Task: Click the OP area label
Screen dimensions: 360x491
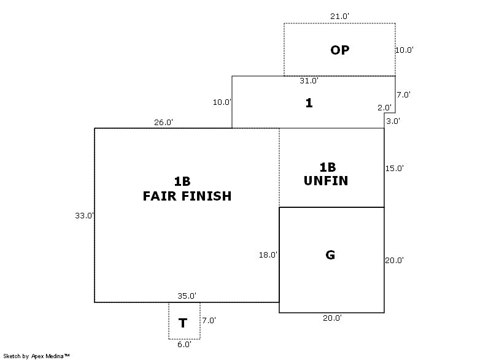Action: [339, 50]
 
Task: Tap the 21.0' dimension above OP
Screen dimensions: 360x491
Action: [339, 16]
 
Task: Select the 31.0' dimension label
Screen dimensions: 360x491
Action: [309, 81]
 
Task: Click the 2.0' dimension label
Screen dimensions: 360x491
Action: [384, 107]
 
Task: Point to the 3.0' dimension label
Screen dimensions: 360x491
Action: [393, 121]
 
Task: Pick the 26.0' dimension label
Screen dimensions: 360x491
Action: [163, 122]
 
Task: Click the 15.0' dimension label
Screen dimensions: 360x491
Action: [394, 168]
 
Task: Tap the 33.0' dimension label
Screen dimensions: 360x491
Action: [84, 215]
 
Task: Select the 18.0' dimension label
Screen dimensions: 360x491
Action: [268, 255]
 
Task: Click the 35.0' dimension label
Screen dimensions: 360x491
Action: [187, 296]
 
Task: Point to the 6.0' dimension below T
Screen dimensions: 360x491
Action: [184, 345]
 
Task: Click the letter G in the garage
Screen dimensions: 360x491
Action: [330, 255]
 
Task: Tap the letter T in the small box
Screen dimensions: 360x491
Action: [183, 323]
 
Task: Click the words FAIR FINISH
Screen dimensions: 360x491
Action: [187, 196]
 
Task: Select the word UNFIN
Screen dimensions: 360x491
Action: [326, 181]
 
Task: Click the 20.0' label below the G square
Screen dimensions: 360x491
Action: [333, 318]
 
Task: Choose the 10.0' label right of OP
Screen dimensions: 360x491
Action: [404, 50]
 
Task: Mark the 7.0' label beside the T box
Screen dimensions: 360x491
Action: [209, 320]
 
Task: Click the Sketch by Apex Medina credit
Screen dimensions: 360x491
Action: [36, 356]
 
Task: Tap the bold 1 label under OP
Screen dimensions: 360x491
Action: [309, 103]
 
